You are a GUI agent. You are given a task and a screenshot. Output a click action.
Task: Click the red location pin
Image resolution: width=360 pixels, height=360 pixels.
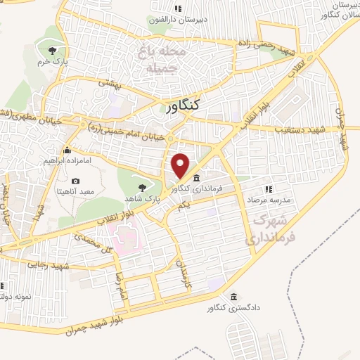(x=181, y=165)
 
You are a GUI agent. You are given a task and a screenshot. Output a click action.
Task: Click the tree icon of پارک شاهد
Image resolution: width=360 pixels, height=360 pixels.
(x=143, y=187)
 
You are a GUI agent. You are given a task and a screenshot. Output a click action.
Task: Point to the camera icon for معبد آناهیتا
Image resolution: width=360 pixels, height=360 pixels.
(x=75, y=181)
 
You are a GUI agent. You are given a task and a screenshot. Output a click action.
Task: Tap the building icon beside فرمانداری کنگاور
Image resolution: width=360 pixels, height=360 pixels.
(x=195, y=177)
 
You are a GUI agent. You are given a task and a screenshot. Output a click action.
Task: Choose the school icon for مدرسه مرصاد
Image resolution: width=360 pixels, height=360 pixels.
(x=268, y=188)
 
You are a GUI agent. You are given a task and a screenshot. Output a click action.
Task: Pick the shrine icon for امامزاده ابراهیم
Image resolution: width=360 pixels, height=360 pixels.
(x=67, y=150)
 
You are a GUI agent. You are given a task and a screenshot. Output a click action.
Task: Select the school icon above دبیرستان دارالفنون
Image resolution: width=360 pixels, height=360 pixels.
(x=178, y=9)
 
